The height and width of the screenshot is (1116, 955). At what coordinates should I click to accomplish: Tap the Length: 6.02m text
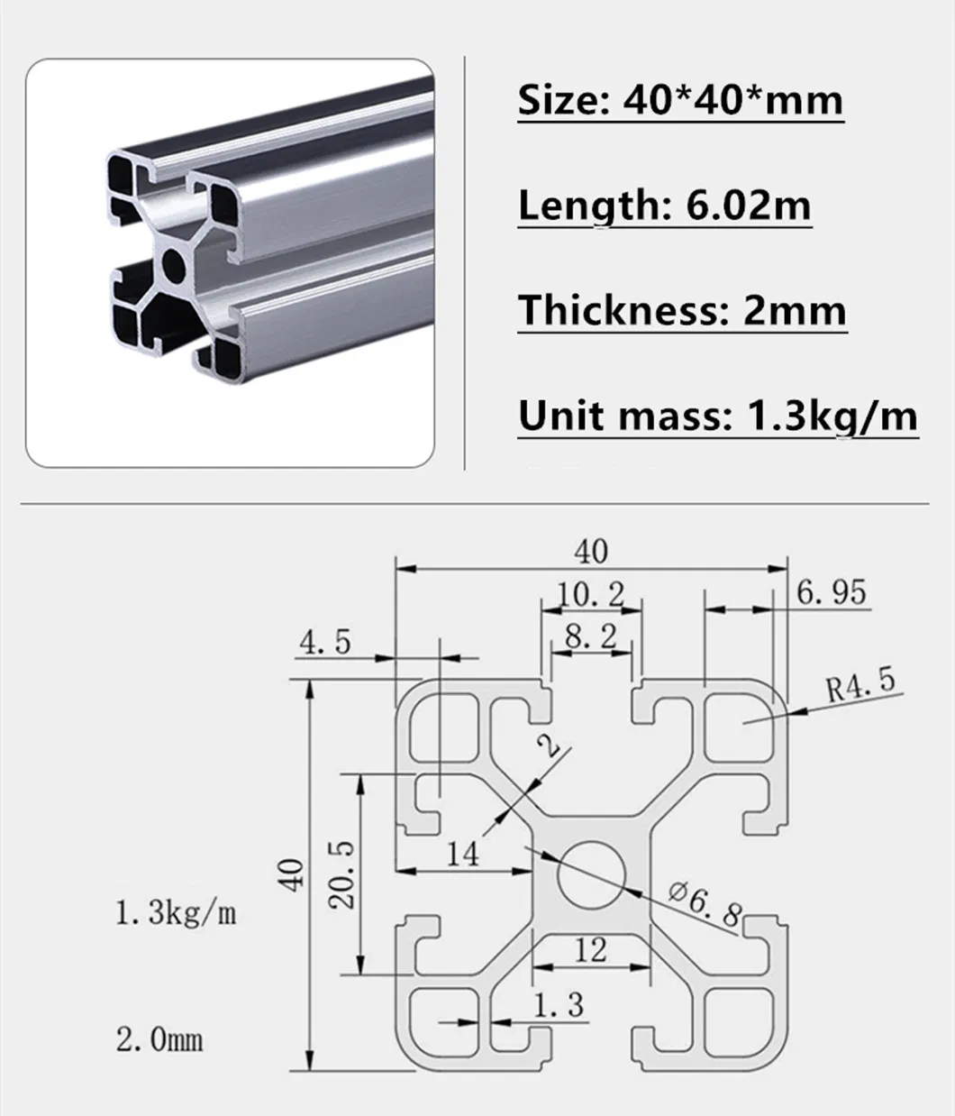coord(664,206)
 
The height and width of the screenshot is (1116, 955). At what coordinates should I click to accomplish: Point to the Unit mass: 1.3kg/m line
coord(717,416)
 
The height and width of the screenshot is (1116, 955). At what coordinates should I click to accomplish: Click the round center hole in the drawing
coord(591,874)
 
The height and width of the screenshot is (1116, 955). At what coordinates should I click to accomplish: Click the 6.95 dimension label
coord(831,592)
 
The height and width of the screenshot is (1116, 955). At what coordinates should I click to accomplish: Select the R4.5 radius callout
coord(860,683)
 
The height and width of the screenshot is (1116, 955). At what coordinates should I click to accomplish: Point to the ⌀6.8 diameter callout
coord(705,903)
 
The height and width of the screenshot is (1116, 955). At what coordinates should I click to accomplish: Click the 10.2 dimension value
coord(591,594)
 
